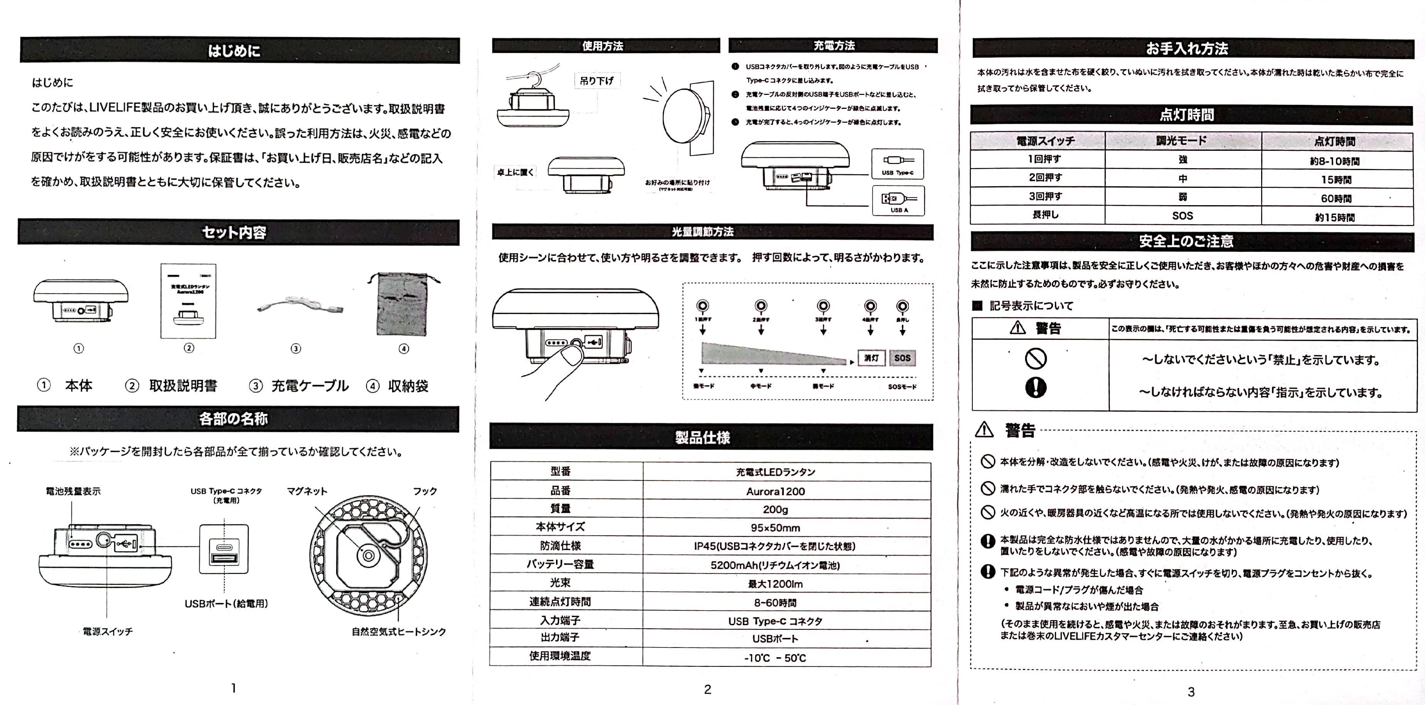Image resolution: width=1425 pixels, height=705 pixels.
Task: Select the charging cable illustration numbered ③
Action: coord(299,305)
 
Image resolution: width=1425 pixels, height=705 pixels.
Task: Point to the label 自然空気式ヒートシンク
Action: coord(398,631)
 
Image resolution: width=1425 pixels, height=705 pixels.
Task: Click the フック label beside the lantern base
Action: coord(425,491)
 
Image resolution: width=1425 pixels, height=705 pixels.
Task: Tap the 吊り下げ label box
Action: coord(596,81)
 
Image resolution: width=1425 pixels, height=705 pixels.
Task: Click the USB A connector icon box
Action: coord(898,200)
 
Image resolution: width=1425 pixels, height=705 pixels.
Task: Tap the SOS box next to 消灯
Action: coord(902,358)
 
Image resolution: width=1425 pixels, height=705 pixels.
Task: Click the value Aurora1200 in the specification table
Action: coord(775,491)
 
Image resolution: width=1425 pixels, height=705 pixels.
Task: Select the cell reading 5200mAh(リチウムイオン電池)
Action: coord(775,565)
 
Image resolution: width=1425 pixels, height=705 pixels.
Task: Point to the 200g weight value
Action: coord(775,509)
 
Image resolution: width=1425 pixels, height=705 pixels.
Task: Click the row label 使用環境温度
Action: coord(560,656)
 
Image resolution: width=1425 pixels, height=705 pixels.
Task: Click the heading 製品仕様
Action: coord(702,438)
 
